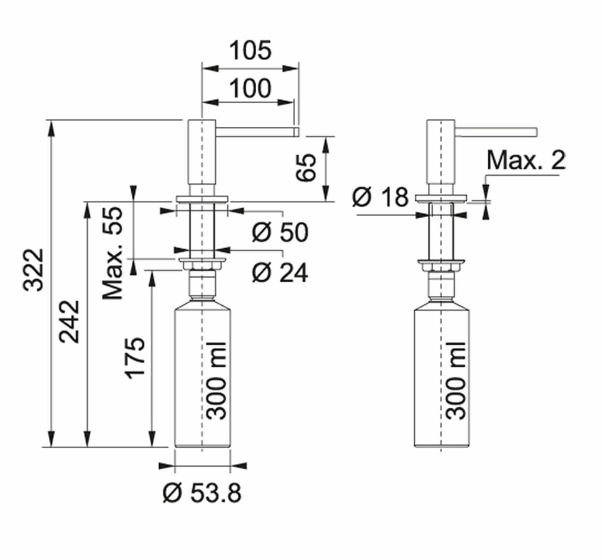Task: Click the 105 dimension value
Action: pyautogui.click(x=250, y=51)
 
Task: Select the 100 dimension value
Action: pyautogui.click(x=250, y=88)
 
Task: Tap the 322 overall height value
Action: pyautogui.click(x=33, y=270)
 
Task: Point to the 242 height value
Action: pyautogui.click(x=69, y=322)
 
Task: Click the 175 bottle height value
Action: pyautogui.click(x=135, y=358)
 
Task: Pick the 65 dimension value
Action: pyautogui.click(x=306, y=167)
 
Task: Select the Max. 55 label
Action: pyautogui.click(x=113, y=253)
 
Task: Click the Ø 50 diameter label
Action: pyautogui.click(x=280, y=233)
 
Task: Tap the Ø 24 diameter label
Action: pyautogui.click(x=280, y=272)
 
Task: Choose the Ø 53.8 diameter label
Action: pyautogui.click(x=202, y=502)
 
